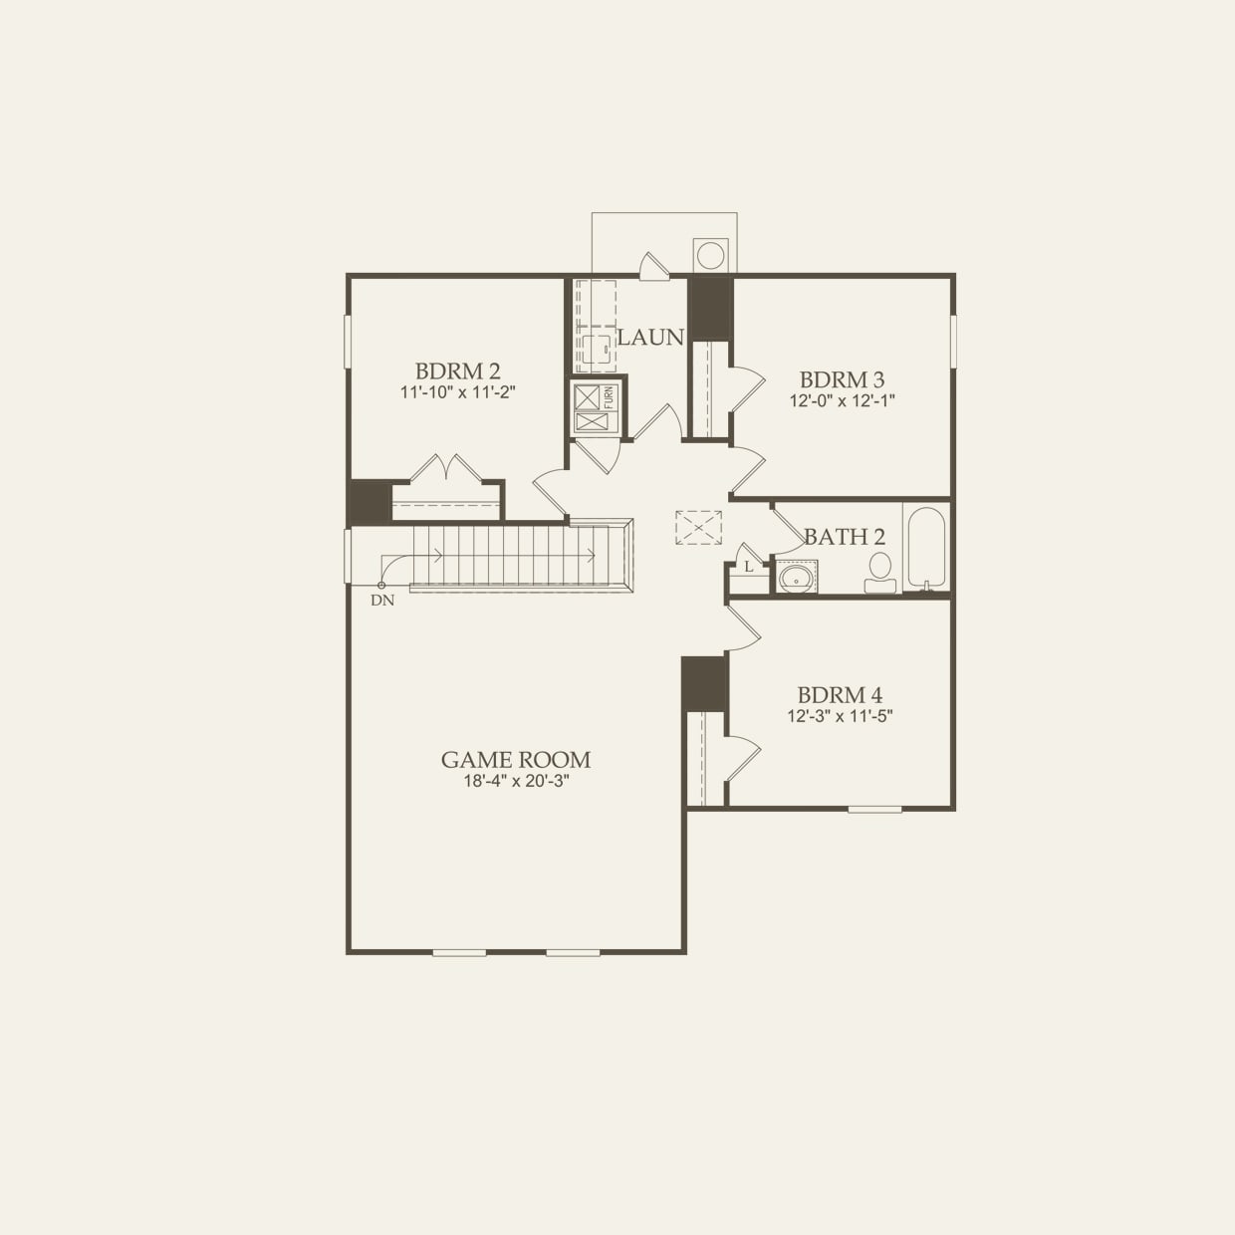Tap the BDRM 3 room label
pyautogui.click(x=842, y=379)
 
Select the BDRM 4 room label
pyautogui.click(x=839, y=695)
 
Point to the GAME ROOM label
pyautogui.click(x=516, y=760)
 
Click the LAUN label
pyautogui.click(x=650, y=338)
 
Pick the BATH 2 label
pyautogui.click(x=844, y=538)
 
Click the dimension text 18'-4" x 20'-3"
pyautogui.click(x=516, y=782)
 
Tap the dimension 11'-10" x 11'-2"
pyautogui.click(x=457, y=392)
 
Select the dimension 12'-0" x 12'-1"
pyautogui.click(x=842, y=401)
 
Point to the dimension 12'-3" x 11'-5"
pyautogui.click(x=840, y=716)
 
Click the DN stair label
pyautogui.click(x=381, y=601)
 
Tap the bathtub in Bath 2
pyautogui.click(x=926, y=548)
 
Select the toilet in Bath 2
pyautogui.click(x=878, y=572)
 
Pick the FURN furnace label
pyautogui.click(x=610, y=397)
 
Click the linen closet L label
pyautogui.click(x=749, y=567)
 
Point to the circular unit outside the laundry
pyautogui.click(x=710, y=254)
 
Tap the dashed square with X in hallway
pyautogui.click(x=697, y=527)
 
